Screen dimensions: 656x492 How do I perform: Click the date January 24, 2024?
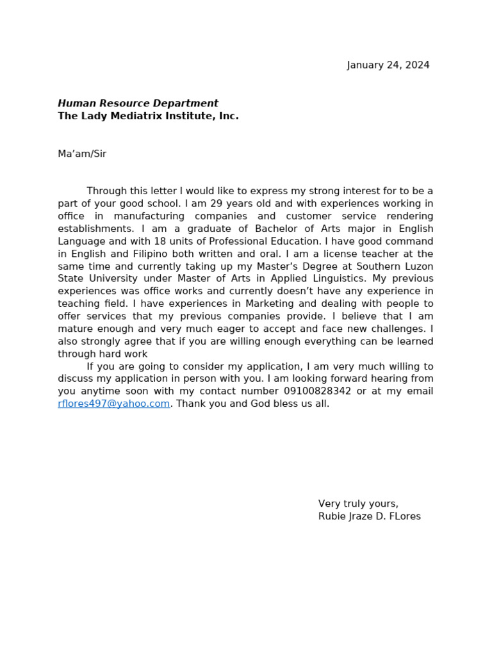click(x=388, y=65)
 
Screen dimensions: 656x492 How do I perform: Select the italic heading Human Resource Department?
click(x=138, y=103)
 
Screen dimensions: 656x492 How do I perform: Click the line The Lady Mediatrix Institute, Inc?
click(x=148, y=116)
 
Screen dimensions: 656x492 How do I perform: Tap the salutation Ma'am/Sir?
click(x=82, y=154)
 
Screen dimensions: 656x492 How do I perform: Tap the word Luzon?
click(x=416, y=266)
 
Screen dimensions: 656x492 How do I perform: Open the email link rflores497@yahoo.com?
click(x=114, y=404)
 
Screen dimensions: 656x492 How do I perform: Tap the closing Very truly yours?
click(x=358, y=504)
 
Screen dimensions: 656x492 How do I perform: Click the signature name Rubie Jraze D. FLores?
click(x=369, y=516)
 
